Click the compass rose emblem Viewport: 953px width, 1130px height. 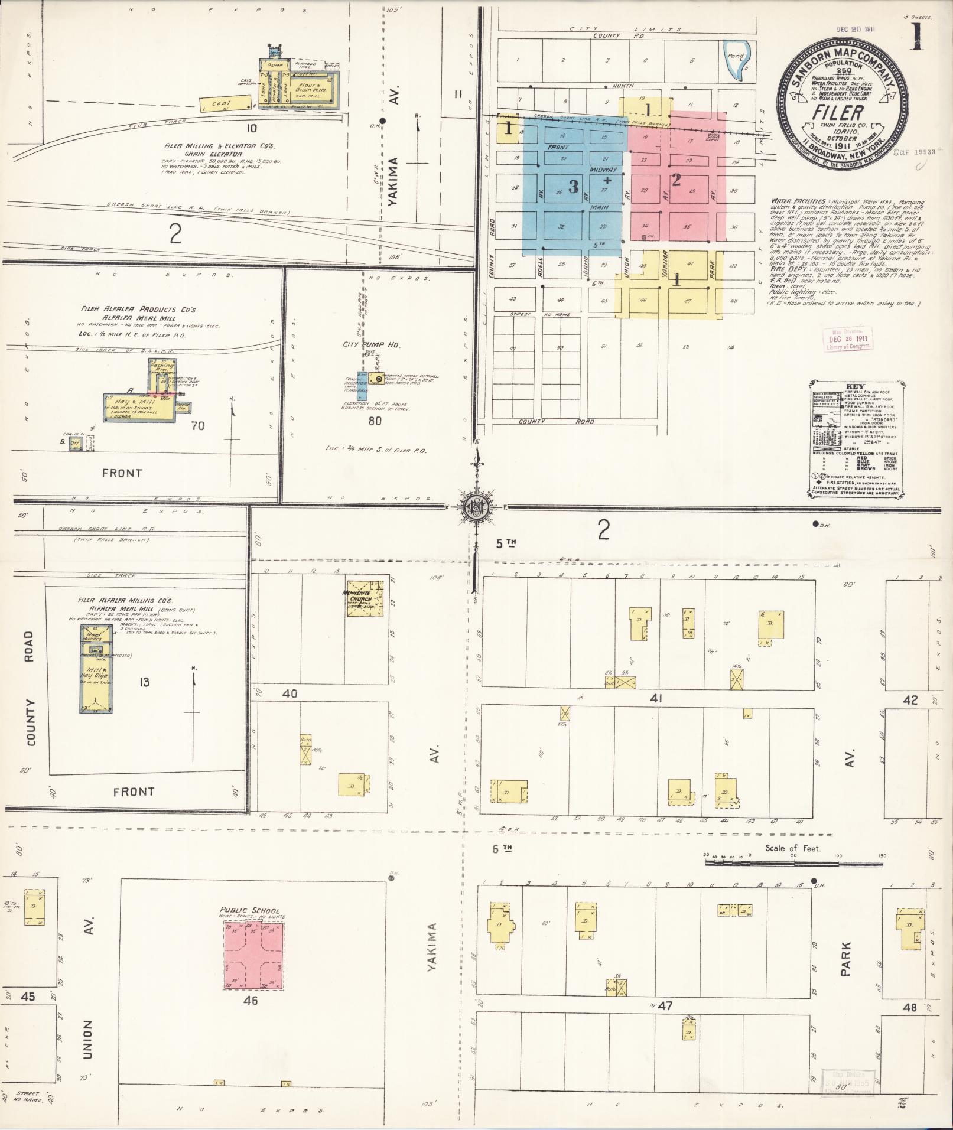pos(475,507)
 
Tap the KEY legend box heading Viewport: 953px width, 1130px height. pos(854,386)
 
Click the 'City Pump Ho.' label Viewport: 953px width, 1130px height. pos(363,344)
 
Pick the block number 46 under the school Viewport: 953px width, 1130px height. pos(251,1001)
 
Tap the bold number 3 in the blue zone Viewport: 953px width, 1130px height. pos(573,187)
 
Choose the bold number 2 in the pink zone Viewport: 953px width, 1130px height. pos(676,180)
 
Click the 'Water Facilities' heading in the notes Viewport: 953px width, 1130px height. pos(797,201)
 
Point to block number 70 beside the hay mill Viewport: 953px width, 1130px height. pos(197,425)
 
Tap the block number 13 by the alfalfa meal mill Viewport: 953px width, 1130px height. pos(144,682)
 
